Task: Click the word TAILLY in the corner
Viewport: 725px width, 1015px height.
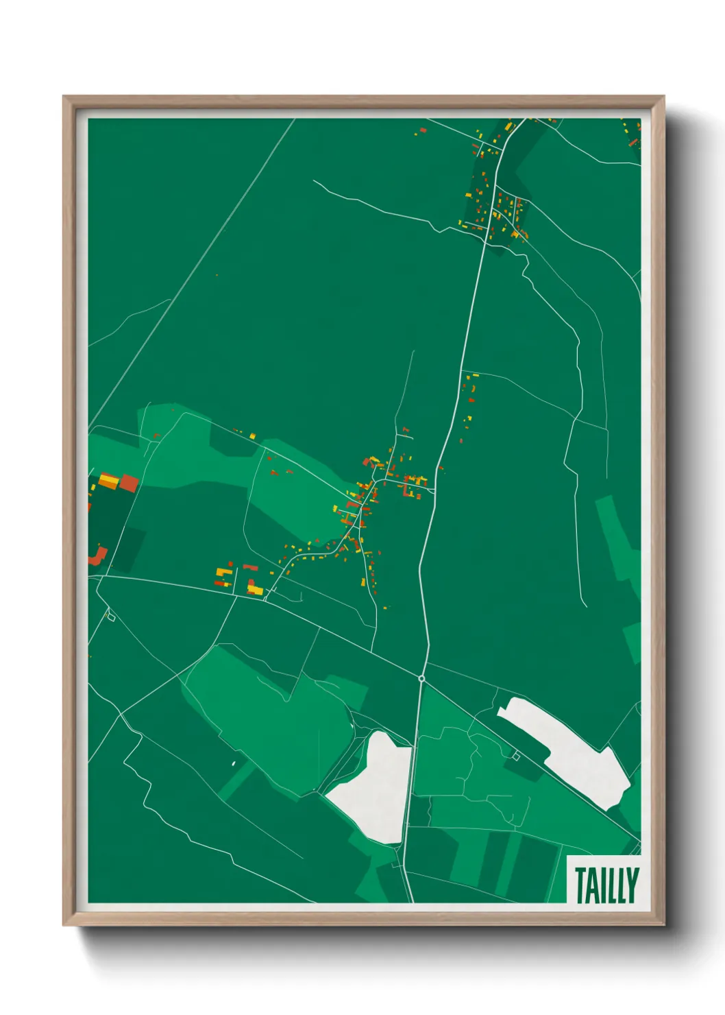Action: click(x=606, y=885)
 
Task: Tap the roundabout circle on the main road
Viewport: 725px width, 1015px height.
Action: click(x=422, y=678)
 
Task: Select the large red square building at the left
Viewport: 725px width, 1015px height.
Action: click(x=129, y=483)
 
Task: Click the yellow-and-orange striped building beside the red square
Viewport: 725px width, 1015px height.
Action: click(x=108, y=480)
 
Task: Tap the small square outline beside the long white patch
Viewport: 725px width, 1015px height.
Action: click(x=516, y=756)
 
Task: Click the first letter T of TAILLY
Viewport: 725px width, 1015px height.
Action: click(x=580, y=885)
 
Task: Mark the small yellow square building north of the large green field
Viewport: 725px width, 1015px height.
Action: click(x=253, y=435)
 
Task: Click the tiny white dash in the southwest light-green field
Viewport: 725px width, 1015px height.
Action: click(x=234, y=762)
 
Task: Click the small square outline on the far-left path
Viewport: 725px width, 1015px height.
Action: click(x=110, y=617)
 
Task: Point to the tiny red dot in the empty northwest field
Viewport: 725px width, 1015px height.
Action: click(x=217, y=275)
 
